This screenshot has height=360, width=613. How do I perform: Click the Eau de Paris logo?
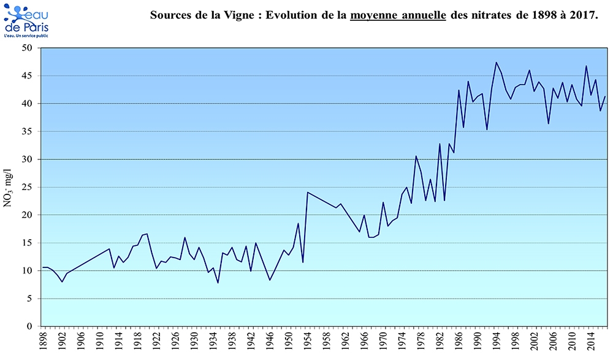click(x=26, y=20)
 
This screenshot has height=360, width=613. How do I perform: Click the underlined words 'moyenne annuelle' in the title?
click(x=398, y=15)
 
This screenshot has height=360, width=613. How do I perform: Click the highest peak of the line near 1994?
click(x=497, y=63)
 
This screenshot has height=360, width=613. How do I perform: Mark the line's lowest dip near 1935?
click(x=218, y=283)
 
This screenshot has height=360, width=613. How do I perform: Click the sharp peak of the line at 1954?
click(x=308, y=193)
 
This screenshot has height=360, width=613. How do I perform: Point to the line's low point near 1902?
click(x=62, y=281)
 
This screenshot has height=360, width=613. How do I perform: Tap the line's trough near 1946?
click(x=270, y=280)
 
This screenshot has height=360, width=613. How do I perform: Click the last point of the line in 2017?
click(x=605, y=96)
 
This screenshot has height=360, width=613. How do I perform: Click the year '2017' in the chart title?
click(x=583, y=15)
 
